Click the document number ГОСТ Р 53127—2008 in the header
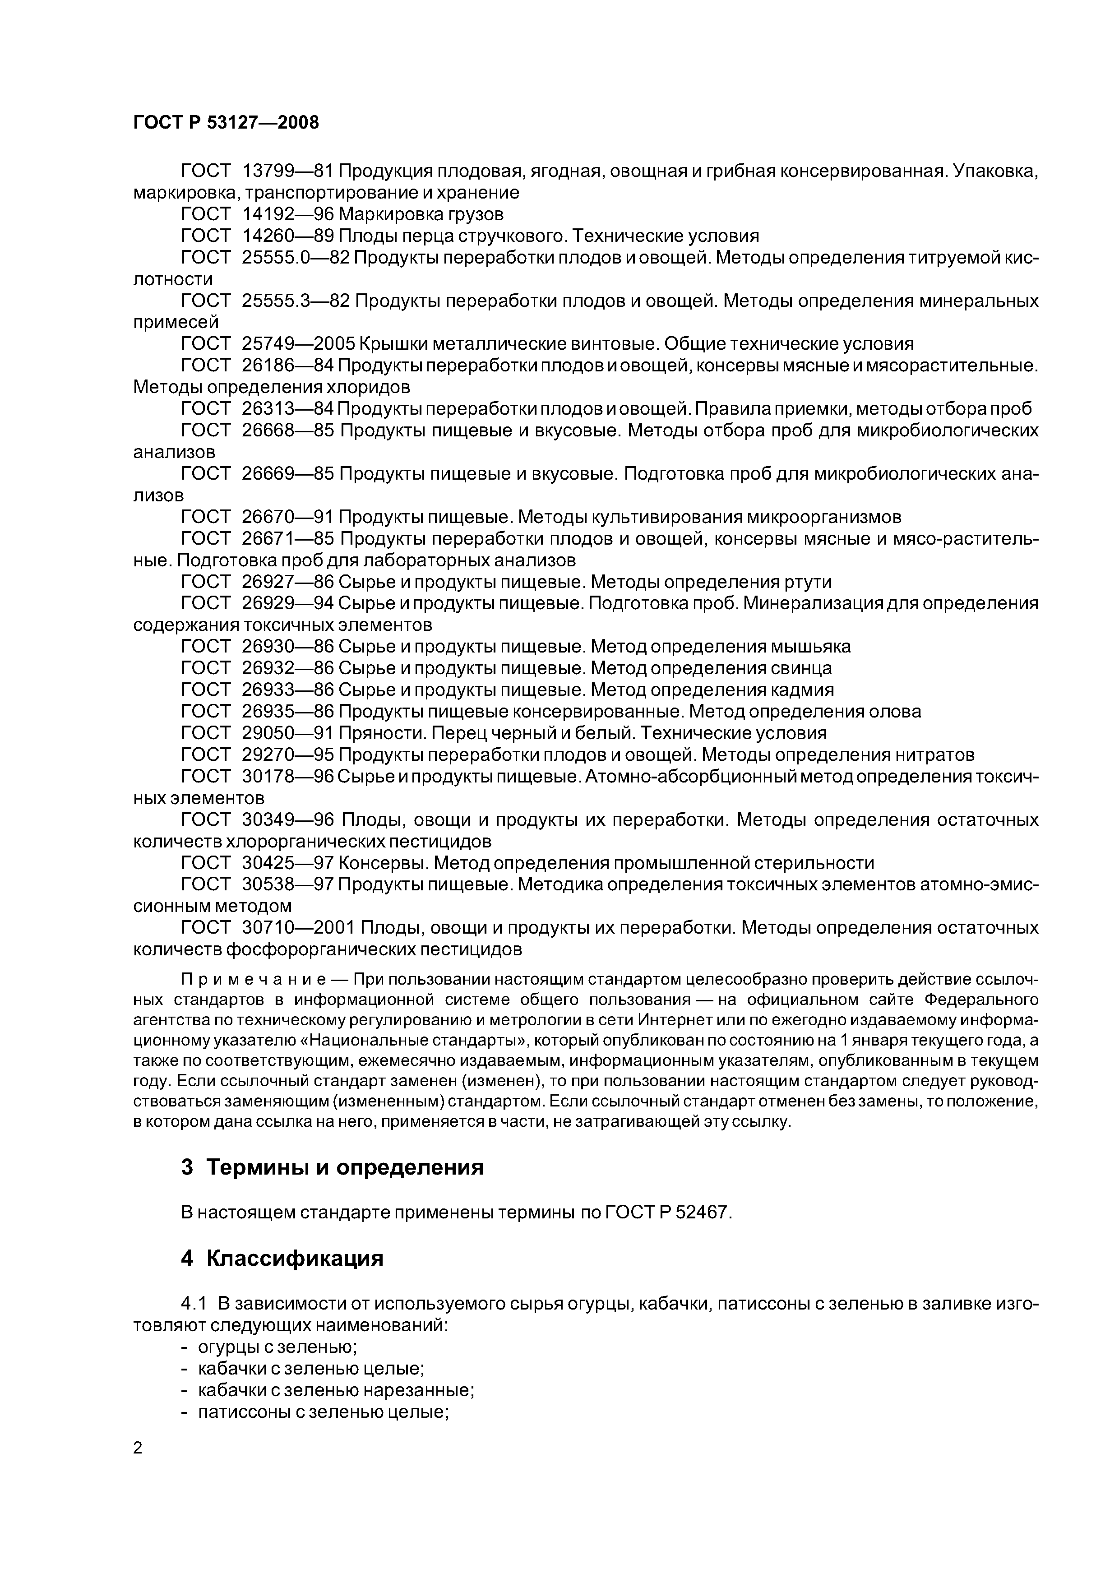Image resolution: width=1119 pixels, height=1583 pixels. (226, 123)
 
